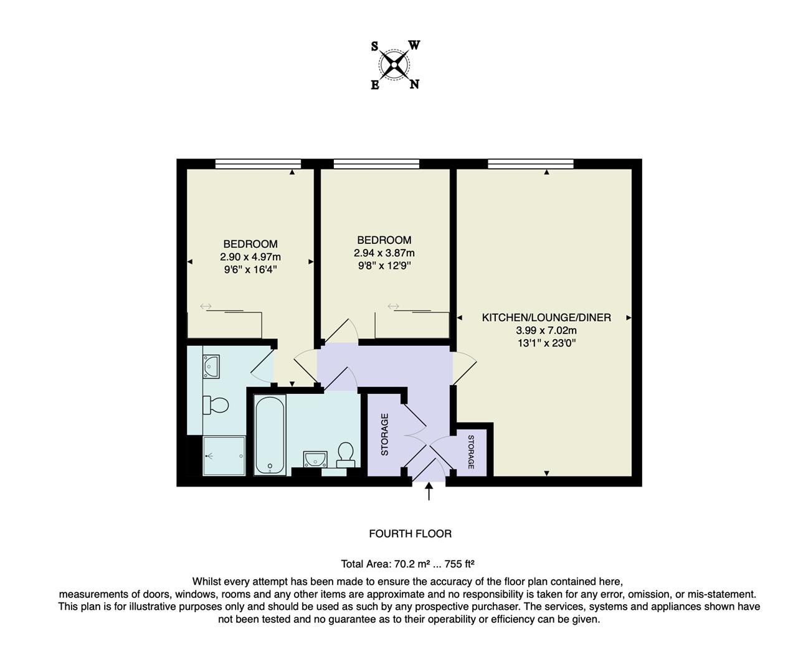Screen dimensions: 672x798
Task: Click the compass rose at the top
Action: [395, 65]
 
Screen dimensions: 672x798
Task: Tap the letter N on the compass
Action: [414, 85]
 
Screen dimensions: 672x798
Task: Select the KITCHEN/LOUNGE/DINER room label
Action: [546, 317]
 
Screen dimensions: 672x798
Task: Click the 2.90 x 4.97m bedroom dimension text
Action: [250, 257]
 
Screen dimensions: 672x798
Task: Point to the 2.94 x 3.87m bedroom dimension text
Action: [384, 253]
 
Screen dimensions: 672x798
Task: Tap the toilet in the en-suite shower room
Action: [216, 406]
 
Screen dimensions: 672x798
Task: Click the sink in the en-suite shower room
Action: [211, 366]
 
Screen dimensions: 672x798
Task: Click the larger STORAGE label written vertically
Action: [384, 434]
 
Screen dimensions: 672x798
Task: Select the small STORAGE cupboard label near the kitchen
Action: [471, 452]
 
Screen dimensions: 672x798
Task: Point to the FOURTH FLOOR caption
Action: [410, 534]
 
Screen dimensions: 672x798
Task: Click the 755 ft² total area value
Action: [460, 564]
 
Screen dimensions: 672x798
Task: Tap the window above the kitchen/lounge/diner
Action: [530, 164]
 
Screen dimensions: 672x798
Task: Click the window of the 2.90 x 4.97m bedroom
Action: [258, 164]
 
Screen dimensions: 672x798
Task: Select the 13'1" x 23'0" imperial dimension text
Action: [546, 343]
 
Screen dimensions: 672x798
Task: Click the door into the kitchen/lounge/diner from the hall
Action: [464, 368]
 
